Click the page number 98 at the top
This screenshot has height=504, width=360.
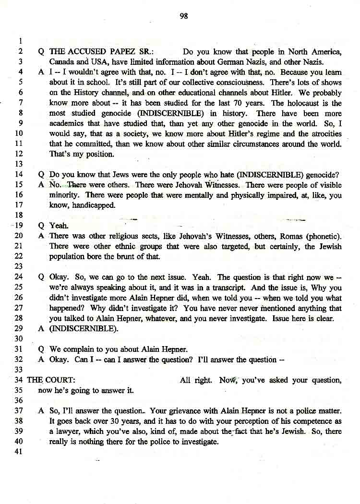[x=183, y=16]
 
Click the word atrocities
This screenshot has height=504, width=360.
[x=323, y=134]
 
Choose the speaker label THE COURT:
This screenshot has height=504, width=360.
[x=50, y=380]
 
